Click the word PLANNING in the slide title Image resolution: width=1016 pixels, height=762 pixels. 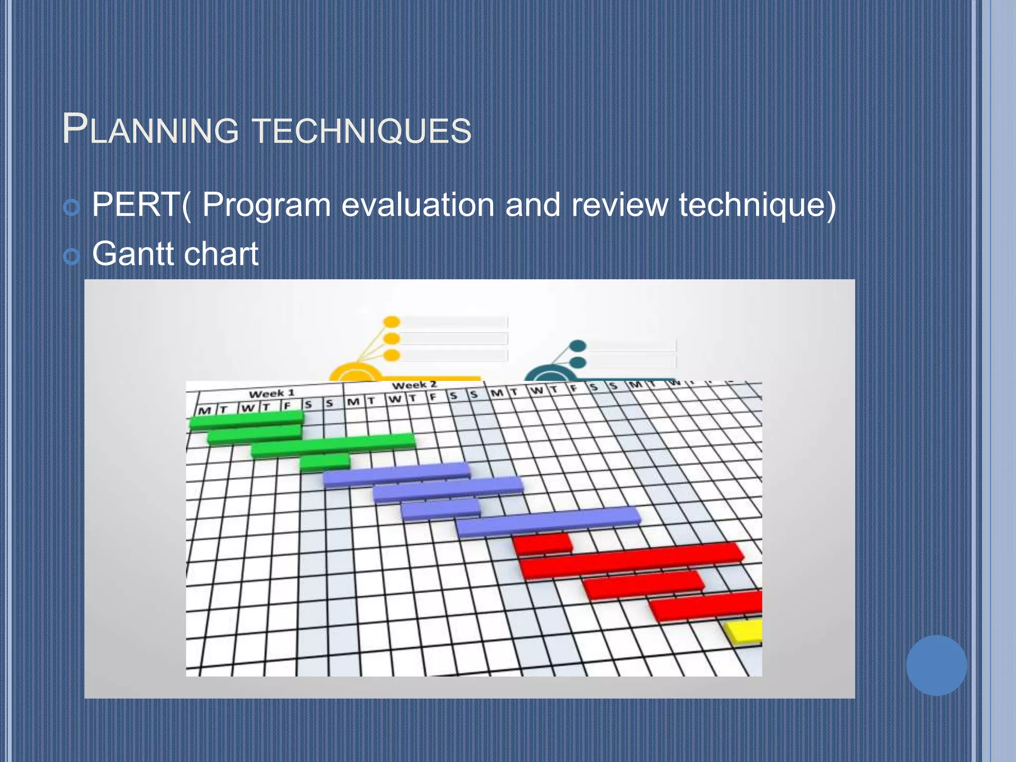point(150,130)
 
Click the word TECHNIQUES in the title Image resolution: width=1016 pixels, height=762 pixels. point(362,131)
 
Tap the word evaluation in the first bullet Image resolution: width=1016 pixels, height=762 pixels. point(418,204)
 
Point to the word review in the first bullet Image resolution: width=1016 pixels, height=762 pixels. point(620,204)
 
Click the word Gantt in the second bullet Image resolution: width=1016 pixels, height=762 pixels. point(133,254)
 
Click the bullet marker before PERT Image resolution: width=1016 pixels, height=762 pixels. point(72,207)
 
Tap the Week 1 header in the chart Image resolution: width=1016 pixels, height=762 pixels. point(271,393)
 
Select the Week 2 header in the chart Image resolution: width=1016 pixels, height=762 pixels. point(414,385)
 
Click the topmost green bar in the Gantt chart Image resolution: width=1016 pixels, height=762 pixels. point(247,419)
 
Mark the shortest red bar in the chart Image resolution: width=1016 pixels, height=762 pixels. point(542,544)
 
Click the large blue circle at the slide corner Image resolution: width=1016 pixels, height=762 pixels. point(936,665)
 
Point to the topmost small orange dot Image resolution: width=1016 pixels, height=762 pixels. point(392,322)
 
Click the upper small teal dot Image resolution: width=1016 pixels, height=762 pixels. point(578,346)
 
